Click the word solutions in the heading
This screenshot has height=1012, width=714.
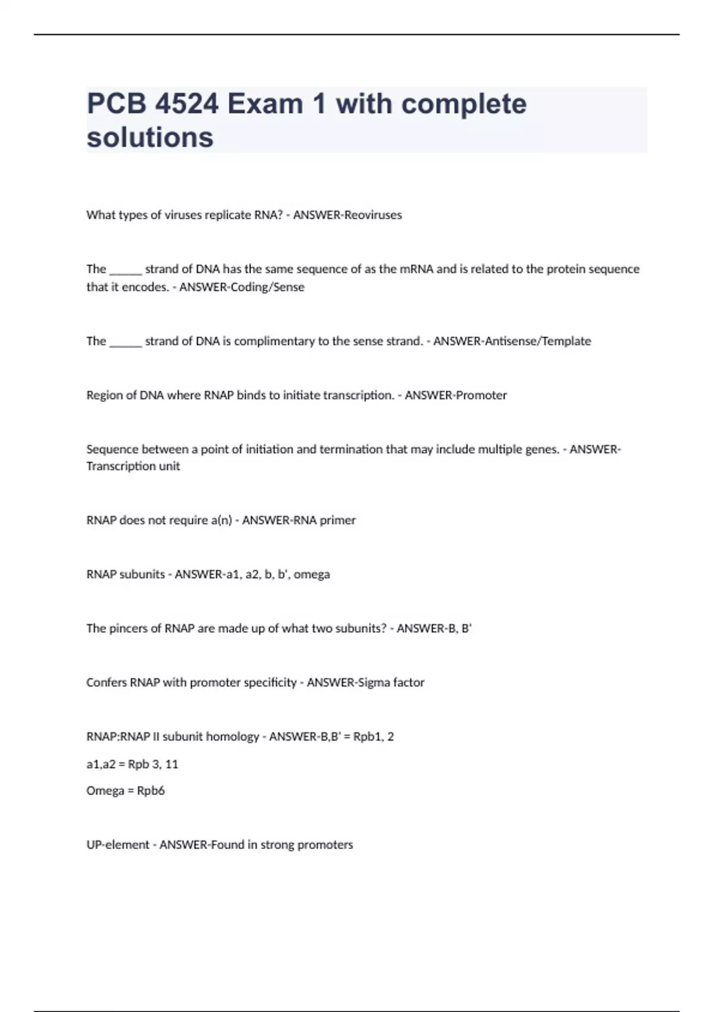tap(150, 138)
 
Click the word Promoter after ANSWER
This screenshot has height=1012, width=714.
tap(481, 395)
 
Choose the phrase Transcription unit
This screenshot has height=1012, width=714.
tap(133, 466)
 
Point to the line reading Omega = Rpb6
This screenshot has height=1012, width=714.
tap(126, 791)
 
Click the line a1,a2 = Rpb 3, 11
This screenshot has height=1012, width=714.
tap(132, 764)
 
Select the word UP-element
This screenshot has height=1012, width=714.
tap(118, 845)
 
